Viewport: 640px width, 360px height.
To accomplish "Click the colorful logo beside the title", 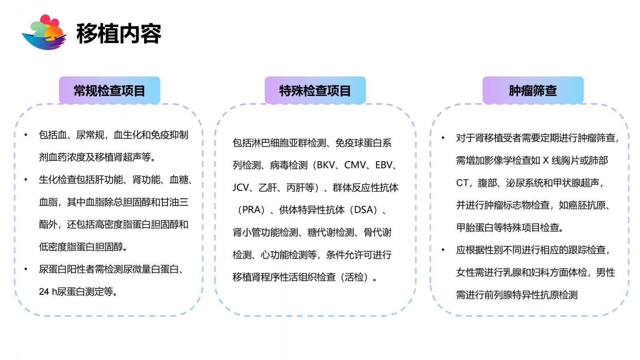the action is (44, 32).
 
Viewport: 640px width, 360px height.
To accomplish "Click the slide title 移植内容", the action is (119, 34).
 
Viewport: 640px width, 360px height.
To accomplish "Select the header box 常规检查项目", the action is (110, 90).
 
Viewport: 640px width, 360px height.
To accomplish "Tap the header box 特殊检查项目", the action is (315, 90).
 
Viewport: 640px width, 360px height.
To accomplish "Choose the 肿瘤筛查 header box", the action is (533, 90).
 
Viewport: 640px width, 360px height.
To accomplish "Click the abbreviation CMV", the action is (355, 165).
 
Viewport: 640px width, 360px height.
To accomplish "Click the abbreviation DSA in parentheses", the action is (364, 210).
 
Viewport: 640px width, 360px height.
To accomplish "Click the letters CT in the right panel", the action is (462, 183).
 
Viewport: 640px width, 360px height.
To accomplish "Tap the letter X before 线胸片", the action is (546, 160).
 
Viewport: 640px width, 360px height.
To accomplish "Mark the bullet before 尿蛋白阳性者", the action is (26, 269).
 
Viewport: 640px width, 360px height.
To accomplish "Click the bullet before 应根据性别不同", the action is (443, 250).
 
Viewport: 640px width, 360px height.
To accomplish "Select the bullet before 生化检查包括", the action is (26, 180).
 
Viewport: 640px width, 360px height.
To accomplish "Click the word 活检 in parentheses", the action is (354, 277).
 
